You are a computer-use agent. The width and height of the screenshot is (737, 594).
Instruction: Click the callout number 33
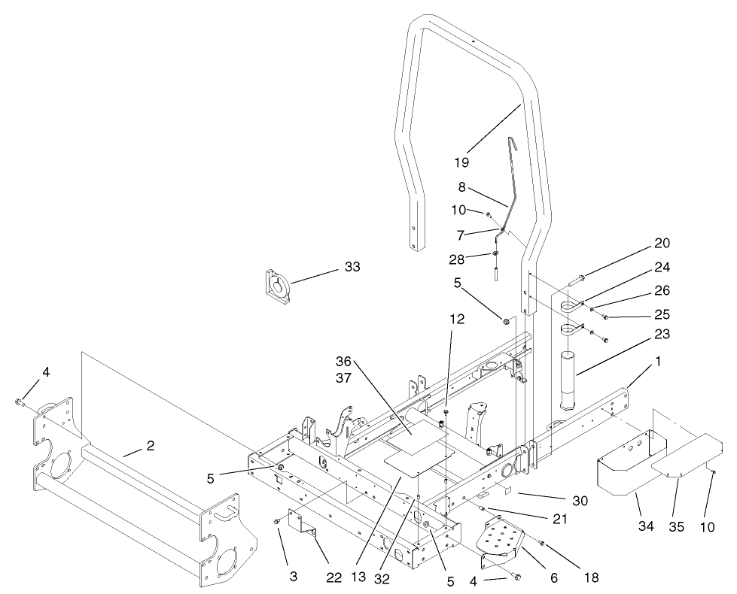click(352, 266)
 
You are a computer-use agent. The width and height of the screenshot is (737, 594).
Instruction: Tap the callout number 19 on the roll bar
click(461, 162)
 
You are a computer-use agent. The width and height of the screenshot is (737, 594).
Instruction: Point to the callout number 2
click(151, 446)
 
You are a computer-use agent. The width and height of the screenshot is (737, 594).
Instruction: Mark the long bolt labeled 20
click(573, 280)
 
